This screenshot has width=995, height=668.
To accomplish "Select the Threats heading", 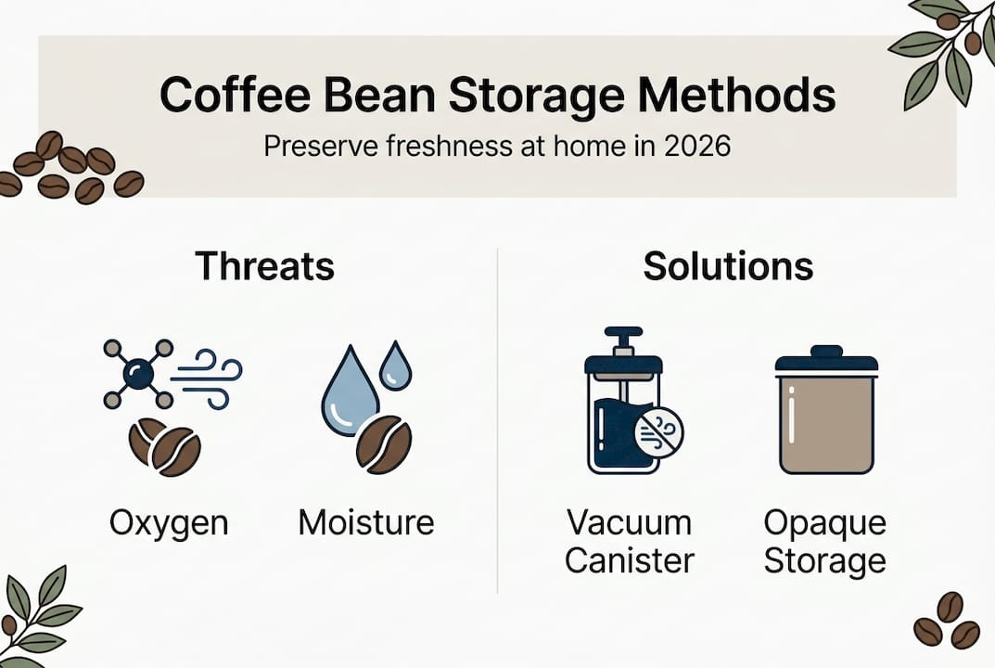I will (x=264, y=266).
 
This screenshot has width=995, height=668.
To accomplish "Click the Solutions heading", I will (x=728, y=266).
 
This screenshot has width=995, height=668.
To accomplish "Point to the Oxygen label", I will (x=169, y=523).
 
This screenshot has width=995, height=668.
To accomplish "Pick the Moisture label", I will (x=366, y=523).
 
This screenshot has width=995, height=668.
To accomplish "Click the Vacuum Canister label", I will (x=629, y=542).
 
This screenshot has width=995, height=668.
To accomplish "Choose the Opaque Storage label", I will (x=824, y=542).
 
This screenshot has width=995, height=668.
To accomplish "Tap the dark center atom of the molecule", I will (x=138, y=374).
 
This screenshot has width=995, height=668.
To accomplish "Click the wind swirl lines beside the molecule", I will (x=210, y=378).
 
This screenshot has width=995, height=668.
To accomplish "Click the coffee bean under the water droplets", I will (x=384, y=444).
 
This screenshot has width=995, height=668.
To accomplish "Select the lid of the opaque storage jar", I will (x=825, y=360).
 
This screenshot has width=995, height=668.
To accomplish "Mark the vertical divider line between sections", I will (x=498, y=417).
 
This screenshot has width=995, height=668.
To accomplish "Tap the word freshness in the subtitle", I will (x=434, y=147).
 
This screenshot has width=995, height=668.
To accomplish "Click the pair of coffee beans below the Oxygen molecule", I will (x=165, y=446).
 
